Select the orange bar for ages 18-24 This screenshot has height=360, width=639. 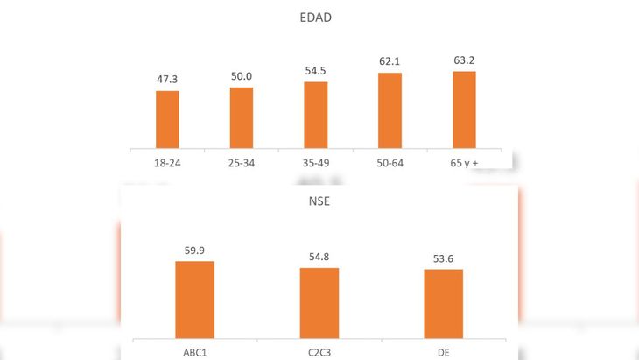[x=167, y=119]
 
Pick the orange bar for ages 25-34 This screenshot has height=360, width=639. [x=242, y=117]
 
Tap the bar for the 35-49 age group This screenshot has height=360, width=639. [x=316, y=115]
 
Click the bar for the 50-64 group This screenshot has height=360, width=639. [x=390, y=110]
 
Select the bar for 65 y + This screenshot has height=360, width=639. [x=464, y=109]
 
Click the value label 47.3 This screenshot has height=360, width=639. [x=167, y=80]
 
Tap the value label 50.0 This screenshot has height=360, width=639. [x=242, y=76]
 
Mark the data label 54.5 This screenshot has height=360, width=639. [x=316, y=70]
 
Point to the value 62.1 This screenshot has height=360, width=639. [x=390, y=62]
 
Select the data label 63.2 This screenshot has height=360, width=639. [x=464, y=60]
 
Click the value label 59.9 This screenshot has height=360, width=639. [x=194, y=250]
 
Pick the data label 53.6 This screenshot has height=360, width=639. [x=444, y=258]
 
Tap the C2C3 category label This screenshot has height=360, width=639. [x=319, y=352]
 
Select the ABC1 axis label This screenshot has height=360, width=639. [x=194, y=352]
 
